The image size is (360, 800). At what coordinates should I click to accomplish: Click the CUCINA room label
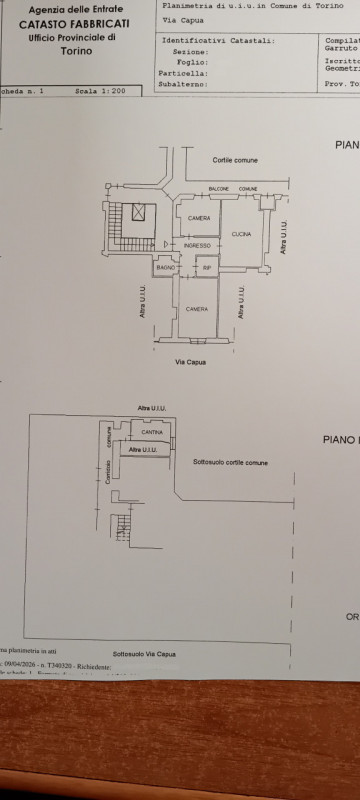click(x=241, y=234)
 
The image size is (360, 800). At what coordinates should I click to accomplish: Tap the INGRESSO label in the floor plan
click(x=197, y=245)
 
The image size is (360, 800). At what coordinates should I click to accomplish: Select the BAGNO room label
click(x=166, y=268)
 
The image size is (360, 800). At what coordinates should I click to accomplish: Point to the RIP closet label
click(x=207, y=268)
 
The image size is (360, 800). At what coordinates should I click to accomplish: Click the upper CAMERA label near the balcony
click(x=198, y=219)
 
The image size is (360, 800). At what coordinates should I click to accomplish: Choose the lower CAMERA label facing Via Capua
click(x=197, y=309)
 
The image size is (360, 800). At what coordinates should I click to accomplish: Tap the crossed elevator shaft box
click(x=137, y=211)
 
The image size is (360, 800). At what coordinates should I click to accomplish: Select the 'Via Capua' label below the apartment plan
click(x=190, y=361)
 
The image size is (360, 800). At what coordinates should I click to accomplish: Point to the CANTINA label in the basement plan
click(x=151, y=432)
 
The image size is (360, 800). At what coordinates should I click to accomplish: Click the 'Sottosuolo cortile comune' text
click(x=230, y=462)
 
